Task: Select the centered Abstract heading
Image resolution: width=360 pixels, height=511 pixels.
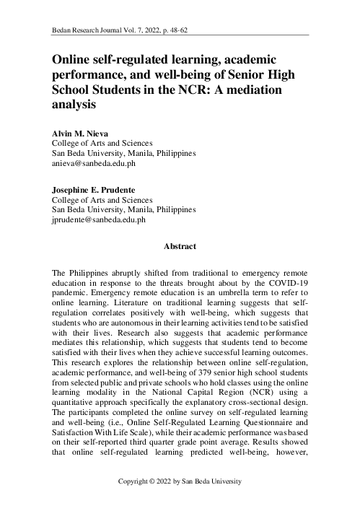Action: coord(180,246)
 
